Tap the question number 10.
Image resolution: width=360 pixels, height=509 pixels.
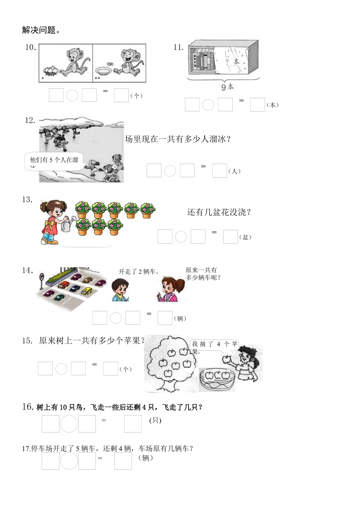click(30, 47)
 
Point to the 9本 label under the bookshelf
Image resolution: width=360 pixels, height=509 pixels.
click(227, 87)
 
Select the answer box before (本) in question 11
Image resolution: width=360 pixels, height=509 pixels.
click(257, 105)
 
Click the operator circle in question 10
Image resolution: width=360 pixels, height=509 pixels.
click(72, 95)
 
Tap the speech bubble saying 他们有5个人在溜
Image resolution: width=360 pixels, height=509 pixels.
click(54, 161)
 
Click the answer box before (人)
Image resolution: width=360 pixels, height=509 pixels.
click(219, 170)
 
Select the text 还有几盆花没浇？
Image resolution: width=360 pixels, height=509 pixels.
click(219, 212)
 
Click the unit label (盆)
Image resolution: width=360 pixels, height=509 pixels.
click(246, 237)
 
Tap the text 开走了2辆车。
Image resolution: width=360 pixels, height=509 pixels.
click(139, 272)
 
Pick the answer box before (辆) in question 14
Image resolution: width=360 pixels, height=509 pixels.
click(165, 318)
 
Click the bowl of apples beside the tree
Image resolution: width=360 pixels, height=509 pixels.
click(217, 379)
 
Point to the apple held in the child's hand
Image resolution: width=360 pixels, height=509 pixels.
click(227, 358)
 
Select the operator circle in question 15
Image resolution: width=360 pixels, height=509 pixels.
click(61, 368)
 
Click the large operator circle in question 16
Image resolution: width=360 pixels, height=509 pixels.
click(69, 423)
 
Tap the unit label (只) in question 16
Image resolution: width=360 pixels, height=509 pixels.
click(155, 420)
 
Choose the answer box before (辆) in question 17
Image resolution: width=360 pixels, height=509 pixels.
click(123, 461)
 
